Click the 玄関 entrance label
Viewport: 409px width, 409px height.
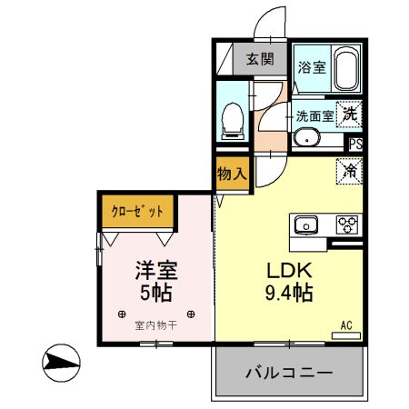point(259,61)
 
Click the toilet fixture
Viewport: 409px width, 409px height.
point(233,119)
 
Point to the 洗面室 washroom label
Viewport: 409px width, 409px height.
point(314,116)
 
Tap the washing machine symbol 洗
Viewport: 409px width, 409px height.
point(350,115)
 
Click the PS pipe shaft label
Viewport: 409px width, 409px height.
point(356,144)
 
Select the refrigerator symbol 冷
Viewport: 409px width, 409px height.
point(349,169)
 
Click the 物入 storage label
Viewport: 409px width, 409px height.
point(232,173)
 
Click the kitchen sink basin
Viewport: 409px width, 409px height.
point(304,224)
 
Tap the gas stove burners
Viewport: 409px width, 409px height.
point(348,224)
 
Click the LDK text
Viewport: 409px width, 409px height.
point(289,271)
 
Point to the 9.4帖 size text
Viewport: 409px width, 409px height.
point(289,294)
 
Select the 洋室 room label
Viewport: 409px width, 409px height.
point(156,271)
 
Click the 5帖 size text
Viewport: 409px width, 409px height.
point(156,294)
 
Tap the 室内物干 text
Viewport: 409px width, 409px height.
point(155,324)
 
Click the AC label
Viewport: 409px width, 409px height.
point(346,324)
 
